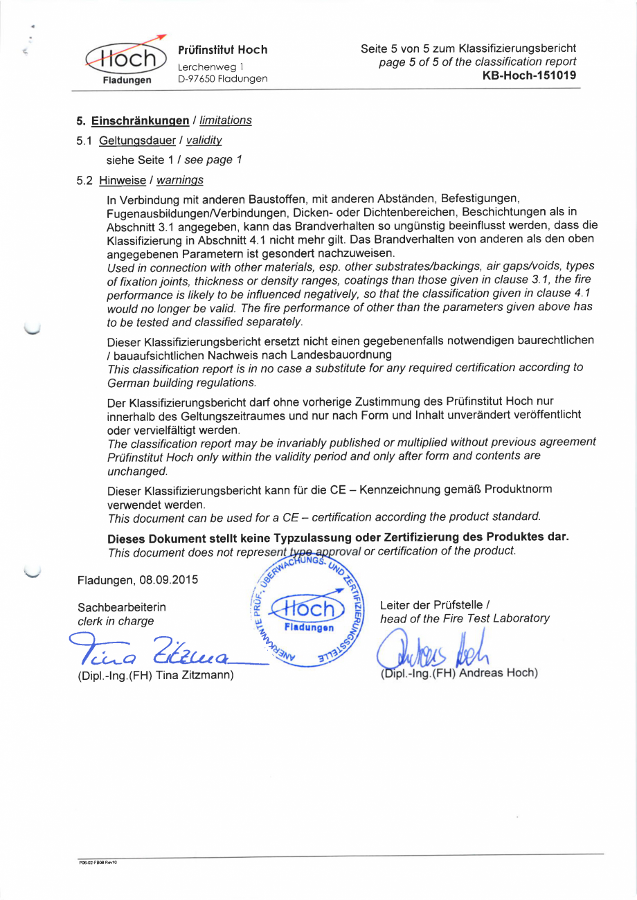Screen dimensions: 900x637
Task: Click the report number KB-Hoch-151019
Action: click(529, 75)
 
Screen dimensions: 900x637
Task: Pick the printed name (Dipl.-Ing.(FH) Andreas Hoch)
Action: click(459, 673)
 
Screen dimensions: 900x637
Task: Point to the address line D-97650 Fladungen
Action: click(222, 79)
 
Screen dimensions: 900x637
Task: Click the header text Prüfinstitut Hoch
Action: click(222, 50)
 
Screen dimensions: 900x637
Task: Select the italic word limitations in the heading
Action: click(226, 121)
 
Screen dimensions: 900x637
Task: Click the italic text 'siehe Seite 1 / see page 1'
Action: click(174, 161)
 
